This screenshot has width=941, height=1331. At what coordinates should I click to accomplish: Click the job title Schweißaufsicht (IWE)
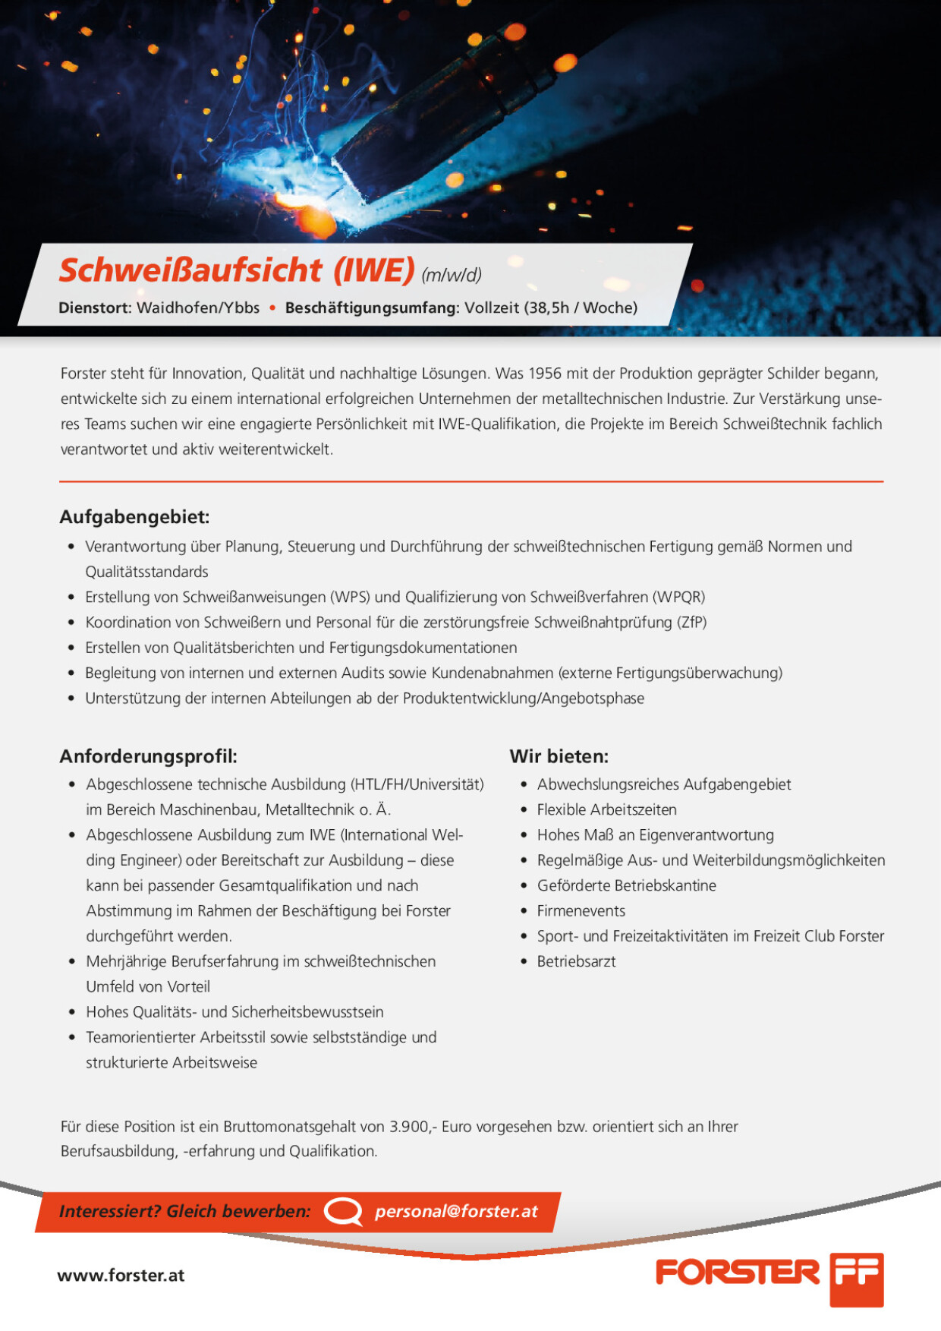[x=237, y=270]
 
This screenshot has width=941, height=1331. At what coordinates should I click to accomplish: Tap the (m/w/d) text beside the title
[x=452, y=275]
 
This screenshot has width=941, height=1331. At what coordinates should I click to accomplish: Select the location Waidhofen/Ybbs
[x=198, y=308]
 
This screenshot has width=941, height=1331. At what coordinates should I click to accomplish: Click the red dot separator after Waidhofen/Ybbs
[x=272, y=308]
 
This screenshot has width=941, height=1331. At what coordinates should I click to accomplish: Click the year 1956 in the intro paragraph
[x=544, y=374]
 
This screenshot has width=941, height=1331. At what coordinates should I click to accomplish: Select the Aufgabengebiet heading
[x=134, y=517]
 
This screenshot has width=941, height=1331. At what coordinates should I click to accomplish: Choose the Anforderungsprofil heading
[x=149, y=756]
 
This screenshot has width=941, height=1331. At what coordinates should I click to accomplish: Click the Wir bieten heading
[x=559, y=756]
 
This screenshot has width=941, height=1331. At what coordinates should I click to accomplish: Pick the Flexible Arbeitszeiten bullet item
[x=606, y=810]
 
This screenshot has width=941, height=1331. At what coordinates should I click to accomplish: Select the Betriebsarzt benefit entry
[x=576, y=962]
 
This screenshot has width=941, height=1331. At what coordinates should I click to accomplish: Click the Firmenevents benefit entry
[x=581, y=911]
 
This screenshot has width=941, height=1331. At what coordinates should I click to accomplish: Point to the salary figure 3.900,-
[x=413, y=1127]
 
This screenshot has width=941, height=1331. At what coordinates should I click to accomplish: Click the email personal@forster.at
[x=456, y=1212]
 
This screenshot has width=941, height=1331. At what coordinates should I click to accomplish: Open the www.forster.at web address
[x=121, y=1276]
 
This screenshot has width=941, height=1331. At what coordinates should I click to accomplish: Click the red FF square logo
[x=856, y=1279]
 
